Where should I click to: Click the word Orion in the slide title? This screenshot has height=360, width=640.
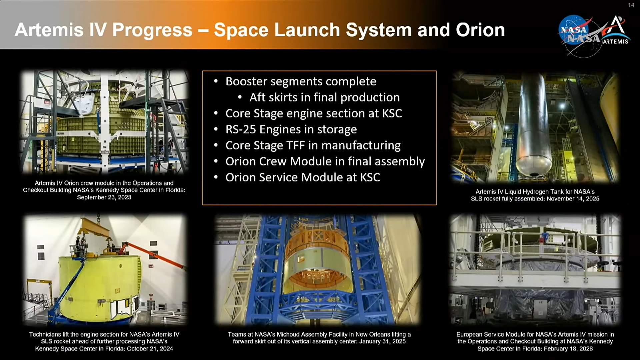tap(480, 30)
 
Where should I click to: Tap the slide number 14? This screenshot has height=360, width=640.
tap(631, 5)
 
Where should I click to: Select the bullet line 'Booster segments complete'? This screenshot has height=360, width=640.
tap(301, 81)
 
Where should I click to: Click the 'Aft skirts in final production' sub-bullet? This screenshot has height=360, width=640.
tap(324, 97)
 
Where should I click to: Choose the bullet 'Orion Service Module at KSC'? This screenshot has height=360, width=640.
tap(303, 177)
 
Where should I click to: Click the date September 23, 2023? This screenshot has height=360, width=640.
tap(104, 197)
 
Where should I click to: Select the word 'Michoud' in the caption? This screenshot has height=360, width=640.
tap(289, 334)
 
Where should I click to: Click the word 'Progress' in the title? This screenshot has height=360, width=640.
tap(152, 30)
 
